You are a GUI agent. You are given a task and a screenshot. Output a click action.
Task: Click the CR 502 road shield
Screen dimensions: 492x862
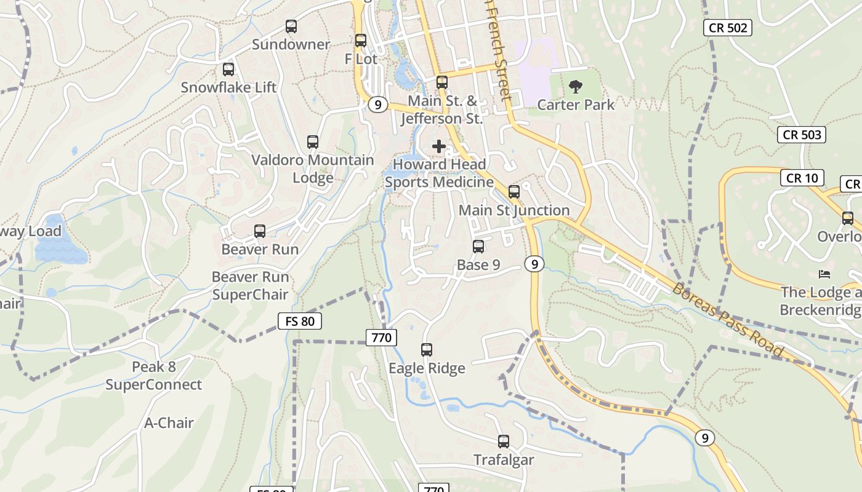[728, 27]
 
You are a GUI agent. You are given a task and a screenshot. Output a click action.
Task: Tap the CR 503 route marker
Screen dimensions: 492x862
[801, 134]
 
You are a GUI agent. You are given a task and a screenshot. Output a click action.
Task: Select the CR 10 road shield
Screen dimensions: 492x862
[802, 178]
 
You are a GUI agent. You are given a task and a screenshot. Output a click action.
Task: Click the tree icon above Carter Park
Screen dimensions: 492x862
[576, 87]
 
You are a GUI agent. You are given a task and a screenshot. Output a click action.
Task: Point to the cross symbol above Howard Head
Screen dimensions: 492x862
[439, 146]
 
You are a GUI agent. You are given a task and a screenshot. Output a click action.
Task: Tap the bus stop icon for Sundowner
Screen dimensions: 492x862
[291, 26]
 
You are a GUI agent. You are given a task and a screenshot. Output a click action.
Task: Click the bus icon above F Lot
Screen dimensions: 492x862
[361, 41]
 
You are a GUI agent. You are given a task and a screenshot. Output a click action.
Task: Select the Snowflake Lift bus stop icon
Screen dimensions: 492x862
[228, 69]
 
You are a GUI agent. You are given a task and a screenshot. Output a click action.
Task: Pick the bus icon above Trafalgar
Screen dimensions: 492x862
[504, 442]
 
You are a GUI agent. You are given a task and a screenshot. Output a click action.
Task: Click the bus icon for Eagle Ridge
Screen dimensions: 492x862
[427, 350]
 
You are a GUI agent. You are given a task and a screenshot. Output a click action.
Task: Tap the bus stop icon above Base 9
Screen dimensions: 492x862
[478, 247]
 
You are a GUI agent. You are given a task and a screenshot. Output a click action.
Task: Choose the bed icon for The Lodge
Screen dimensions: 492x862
[824, 274]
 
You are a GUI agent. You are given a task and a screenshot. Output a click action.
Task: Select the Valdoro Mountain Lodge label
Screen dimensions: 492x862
[313, 169]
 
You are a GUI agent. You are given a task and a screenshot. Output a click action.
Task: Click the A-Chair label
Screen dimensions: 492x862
[169, 423]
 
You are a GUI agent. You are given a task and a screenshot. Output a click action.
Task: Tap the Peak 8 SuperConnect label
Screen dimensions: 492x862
[154, 376]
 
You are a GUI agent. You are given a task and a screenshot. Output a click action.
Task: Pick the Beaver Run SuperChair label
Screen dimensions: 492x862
[250, 286]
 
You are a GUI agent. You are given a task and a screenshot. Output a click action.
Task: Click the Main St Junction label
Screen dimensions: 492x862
[514, 210]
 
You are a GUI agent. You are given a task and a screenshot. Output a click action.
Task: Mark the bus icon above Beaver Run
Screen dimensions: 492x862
[260, 231]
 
